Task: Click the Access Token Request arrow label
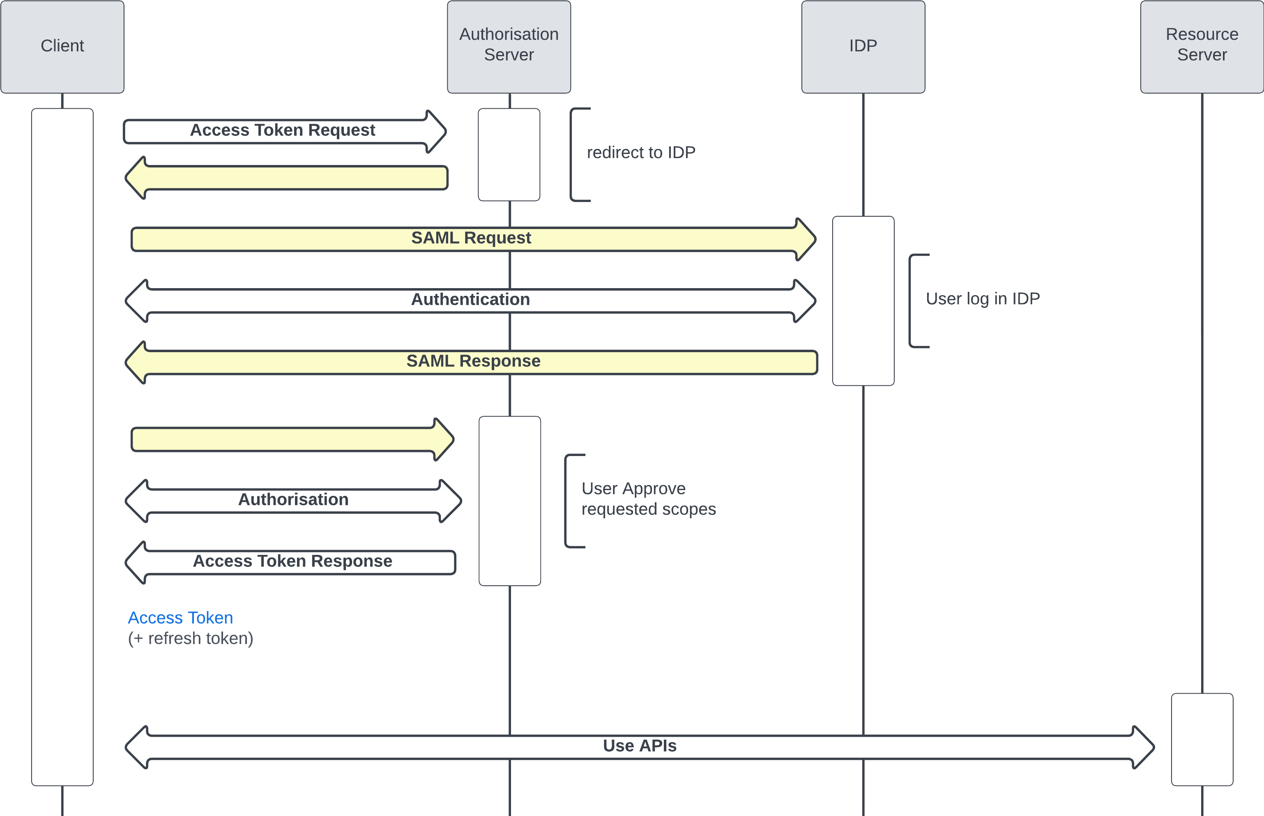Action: point(282,131)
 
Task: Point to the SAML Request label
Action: point(471,238)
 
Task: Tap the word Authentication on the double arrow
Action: point(470,299)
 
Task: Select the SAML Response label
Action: point(473,361)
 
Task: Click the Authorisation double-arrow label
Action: point(293,500)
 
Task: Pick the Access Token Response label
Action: point(292,561)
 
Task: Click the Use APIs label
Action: point(640,746)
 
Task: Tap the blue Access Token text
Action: point(180,618)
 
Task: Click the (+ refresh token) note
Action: point(190,639)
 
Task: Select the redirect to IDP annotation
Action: point(640,153)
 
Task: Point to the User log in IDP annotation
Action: point(983,299)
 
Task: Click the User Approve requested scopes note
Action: point(648,499)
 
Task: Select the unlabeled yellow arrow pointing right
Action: point(292,440)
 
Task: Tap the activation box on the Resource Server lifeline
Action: point(1202,739)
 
